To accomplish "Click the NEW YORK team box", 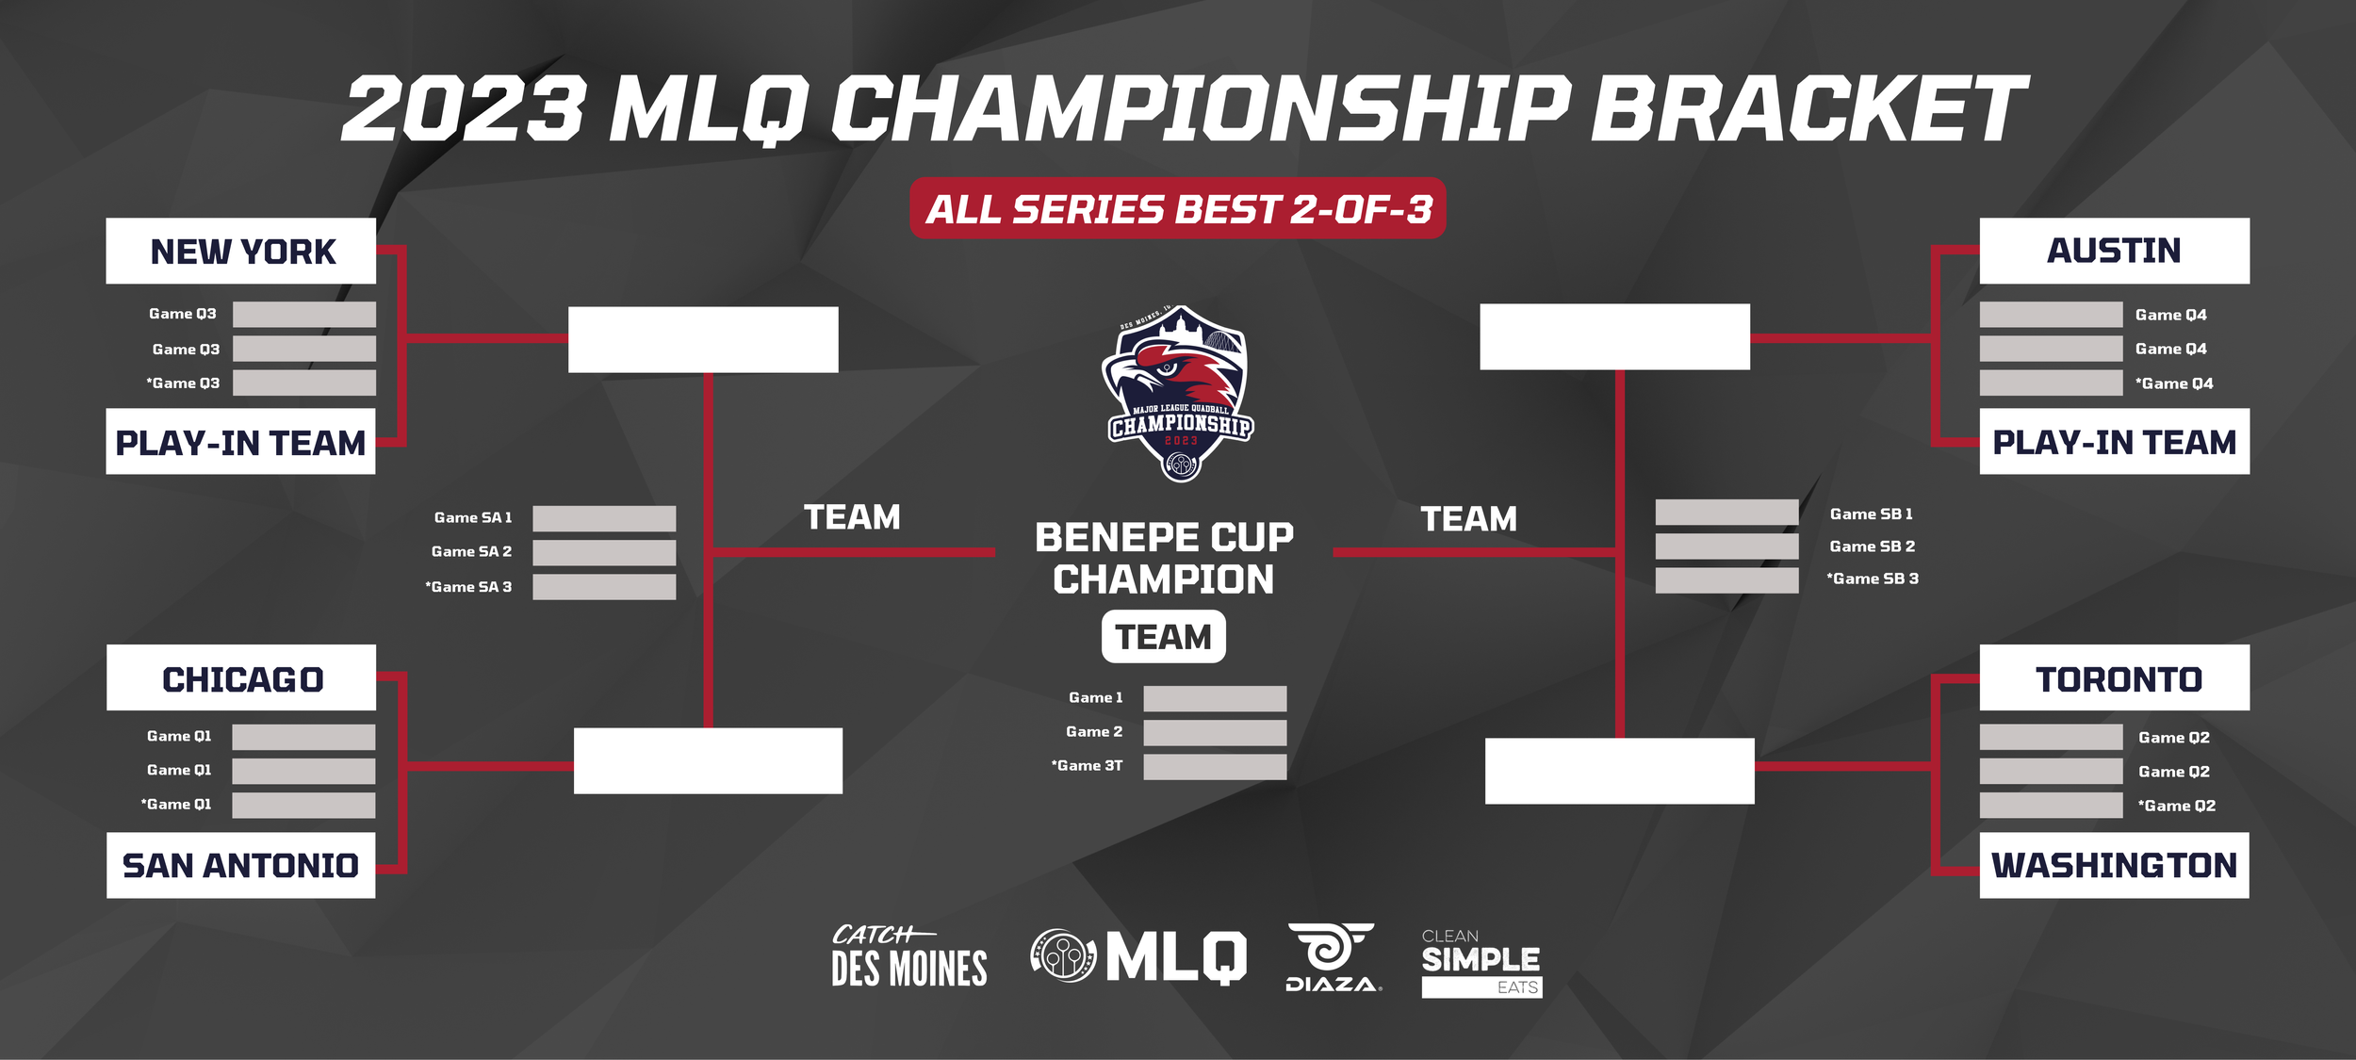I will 240,251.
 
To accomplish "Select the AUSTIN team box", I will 2114,251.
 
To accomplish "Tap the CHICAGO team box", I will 241,677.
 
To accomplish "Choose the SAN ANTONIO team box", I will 240,865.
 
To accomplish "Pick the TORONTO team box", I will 2114,677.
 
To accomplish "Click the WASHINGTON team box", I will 2114,865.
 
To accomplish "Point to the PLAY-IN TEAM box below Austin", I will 2114,441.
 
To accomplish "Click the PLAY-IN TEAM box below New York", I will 240,441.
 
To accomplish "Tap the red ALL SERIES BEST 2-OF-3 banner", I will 1177,208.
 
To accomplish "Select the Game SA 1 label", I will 472,517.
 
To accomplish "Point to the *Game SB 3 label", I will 1872,579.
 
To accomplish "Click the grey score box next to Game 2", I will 1215,732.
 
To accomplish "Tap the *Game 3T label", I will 1087,766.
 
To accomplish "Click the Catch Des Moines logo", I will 908,957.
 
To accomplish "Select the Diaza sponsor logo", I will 1332,957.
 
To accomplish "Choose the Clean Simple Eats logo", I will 1481,962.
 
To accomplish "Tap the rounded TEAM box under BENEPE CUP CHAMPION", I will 1163,637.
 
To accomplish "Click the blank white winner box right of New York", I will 703,339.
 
